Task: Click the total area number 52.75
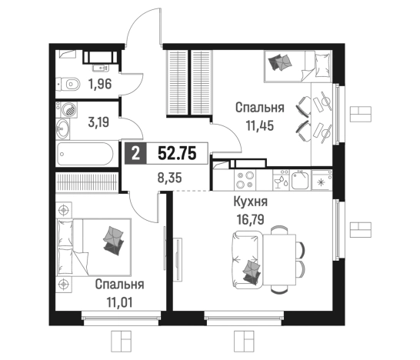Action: pyautogui.click(x=177, y=154)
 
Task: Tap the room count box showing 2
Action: pyautogui.click(x=136, y=154)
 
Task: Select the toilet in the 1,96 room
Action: pyautogui.click(x=68, y=84)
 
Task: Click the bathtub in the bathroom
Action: pyautogui.click(x=85, y=154)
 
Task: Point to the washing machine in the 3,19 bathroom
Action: pyautogui.click(x=69, y=110)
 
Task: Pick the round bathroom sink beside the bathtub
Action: pyautogui.click(x=62, y=128)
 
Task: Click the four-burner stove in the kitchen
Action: pyautogui.click(x=245, y=179)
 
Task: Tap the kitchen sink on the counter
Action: pyautogui.click(x=300, y=180)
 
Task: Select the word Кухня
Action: pyautogui.click(x=251, y=202)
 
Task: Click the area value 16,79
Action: pyautogui.click(x=251, y=220)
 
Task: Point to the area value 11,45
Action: pyautogui.click(x=260, y=125)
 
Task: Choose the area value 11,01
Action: pyautogui.click(x=119, y=302)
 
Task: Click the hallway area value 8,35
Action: pyautogui.click(x=169, y=178)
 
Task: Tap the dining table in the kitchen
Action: pyautogui.click(x=280, y=259)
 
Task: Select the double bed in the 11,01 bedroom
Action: pyautogui.click(x=94, y=247)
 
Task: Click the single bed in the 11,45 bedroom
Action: pyautogui.click(x=298, y=66)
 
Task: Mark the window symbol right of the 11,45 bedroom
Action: pyautogui.click(x=361, y=114)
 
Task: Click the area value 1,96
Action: pyautogui.click(x=100, y=84)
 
